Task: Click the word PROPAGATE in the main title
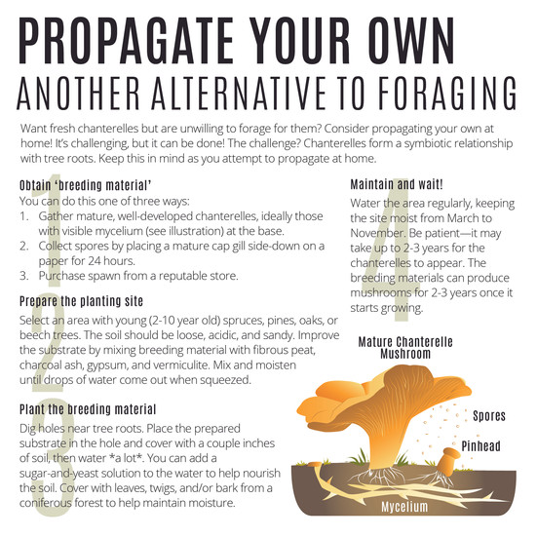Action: pyautogui.click(x=127, y=40)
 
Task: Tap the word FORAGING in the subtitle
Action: pyautogui.click(x=447, y=94)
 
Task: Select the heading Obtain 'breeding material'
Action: pyautogui.click(x=85, y=185)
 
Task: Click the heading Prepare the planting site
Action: pyautogui.click(x=81, y=301)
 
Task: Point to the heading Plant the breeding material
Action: pyautogui.click(x=88, y=409)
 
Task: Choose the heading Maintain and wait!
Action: pyautogui.click(x=397, y=184)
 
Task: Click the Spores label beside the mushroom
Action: pyautogui.click(x=489, y=416)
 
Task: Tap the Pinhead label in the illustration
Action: pyautogui.click(x=480, y=446)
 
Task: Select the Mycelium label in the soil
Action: pyautogui.click(x=404, y=507)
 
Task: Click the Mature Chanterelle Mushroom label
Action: pyautogui.click(x=405, y=348)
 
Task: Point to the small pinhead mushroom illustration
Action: pyautogui.click(x=449, y=461)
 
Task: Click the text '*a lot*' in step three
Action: pyautogui.click(x=126, y=458)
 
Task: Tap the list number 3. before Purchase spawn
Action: pyautogui.click(x=24, y=276)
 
